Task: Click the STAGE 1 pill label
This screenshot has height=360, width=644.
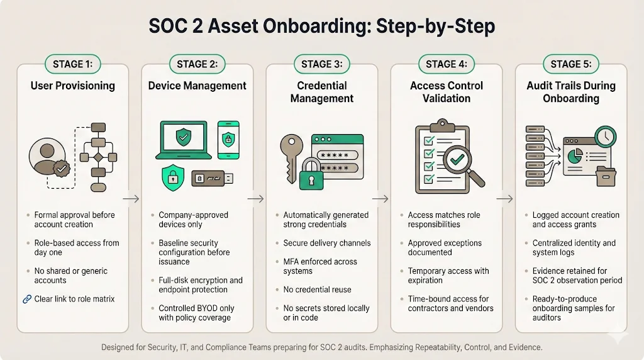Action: click(x=73, y=64)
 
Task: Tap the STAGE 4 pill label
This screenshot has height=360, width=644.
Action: click(x=447, y=64)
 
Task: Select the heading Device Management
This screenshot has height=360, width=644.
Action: click(x=197, y=86)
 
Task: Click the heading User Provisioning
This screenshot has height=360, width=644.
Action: click(x=73, y=86)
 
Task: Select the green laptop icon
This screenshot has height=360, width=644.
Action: click(x=182, y=140)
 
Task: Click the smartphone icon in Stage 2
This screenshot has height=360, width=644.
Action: click(x=228, y=139)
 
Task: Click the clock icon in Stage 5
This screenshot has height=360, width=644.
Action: click(x=606, y=137)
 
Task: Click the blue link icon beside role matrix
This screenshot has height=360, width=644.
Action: click(x=26, y=299)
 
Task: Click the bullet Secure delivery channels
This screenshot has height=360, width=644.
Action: click(x=327, y=243)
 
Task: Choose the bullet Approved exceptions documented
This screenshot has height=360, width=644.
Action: click(x=445, y=247)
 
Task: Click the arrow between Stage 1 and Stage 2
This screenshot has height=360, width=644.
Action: click(x=131, y=199)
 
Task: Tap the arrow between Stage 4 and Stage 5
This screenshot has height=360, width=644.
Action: click(x=504, y=199)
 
